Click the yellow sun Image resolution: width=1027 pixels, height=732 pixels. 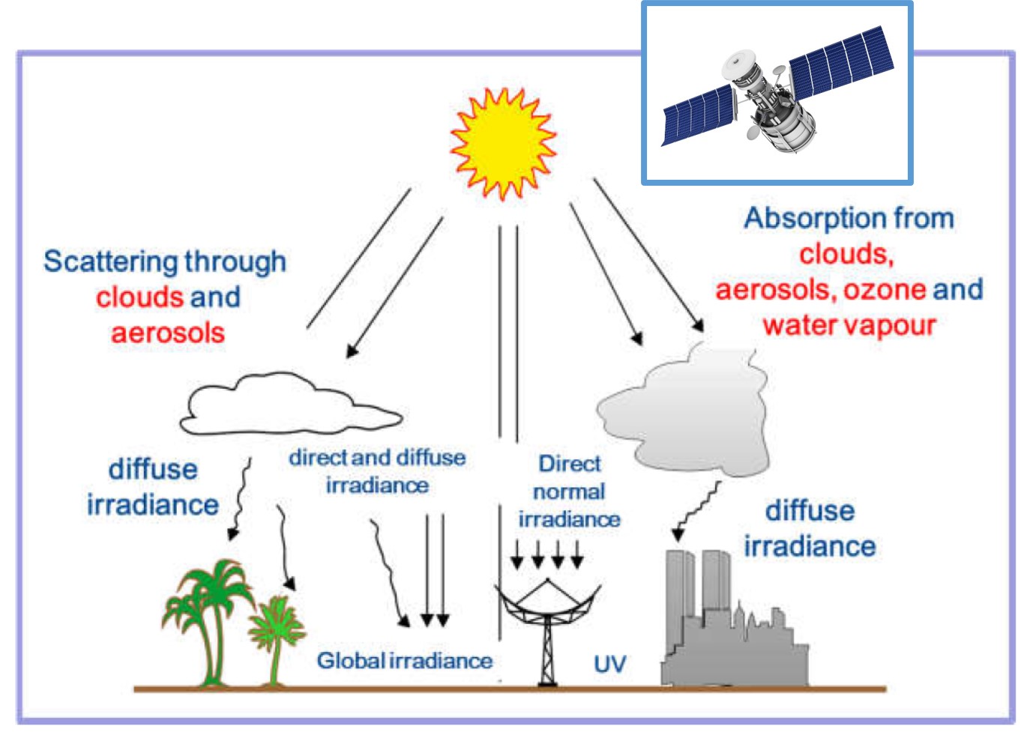[503, 143]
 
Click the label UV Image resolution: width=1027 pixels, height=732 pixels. [609, 664]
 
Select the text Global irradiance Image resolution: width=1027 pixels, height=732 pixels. [404, 661]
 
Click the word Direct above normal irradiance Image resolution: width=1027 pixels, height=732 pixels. [570, 464]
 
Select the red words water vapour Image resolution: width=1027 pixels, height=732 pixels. [849, 326]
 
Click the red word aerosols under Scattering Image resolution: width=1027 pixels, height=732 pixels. [168, 333]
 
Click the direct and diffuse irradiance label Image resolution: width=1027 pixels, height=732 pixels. [377, 471]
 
